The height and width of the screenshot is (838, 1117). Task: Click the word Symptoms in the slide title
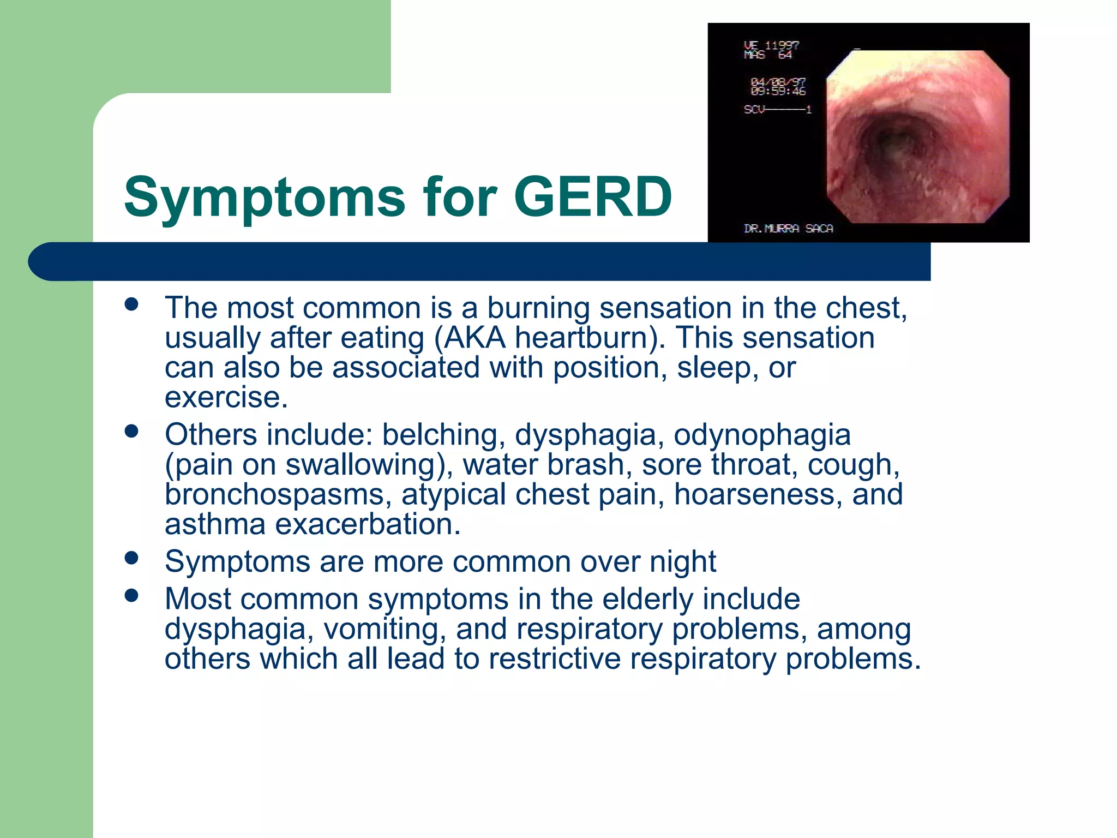[x=265, y=197]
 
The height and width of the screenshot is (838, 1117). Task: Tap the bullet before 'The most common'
[x=131, y=304]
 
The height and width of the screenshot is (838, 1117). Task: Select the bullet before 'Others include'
[x=131, y=431]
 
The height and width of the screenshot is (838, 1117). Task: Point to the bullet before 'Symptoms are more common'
[x=131, y=558]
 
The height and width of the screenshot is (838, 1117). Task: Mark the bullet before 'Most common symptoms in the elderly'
[x=131, y=595]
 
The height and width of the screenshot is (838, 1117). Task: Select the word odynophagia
[x=762, y=435]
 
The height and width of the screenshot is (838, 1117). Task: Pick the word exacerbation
[x=368, y=524]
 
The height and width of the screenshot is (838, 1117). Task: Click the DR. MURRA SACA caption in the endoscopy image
[x=788, y=229]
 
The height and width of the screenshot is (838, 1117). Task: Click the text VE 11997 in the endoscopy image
[x=771, y=45]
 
